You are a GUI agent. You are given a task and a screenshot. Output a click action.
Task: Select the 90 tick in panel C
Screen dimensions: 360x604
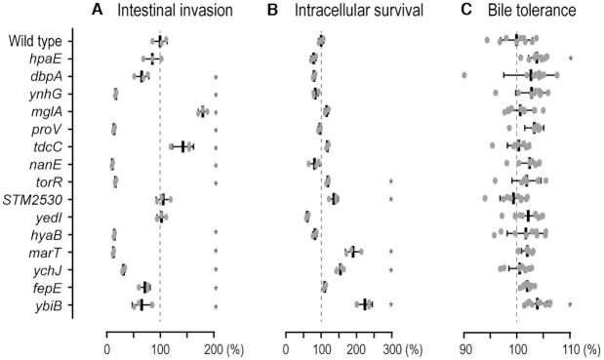[x=465, y=346]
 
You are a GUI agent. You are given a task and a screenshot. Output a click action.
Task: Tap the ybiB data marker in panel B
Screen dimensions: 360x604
[x=365, y=304]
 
